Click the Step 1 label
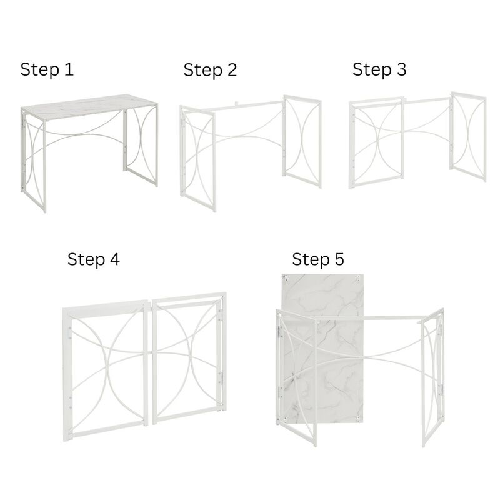[x=47, y=69]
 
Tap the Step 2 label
[x=210, y=70]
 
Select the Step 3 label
[x=379, y=69]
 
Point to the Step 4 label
[x=94, y=259]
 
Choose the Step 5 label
[x=318, y=259]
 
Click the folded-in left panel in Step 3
[x=375, y=144]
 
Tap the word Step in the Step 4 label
[x=84, y=259]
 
